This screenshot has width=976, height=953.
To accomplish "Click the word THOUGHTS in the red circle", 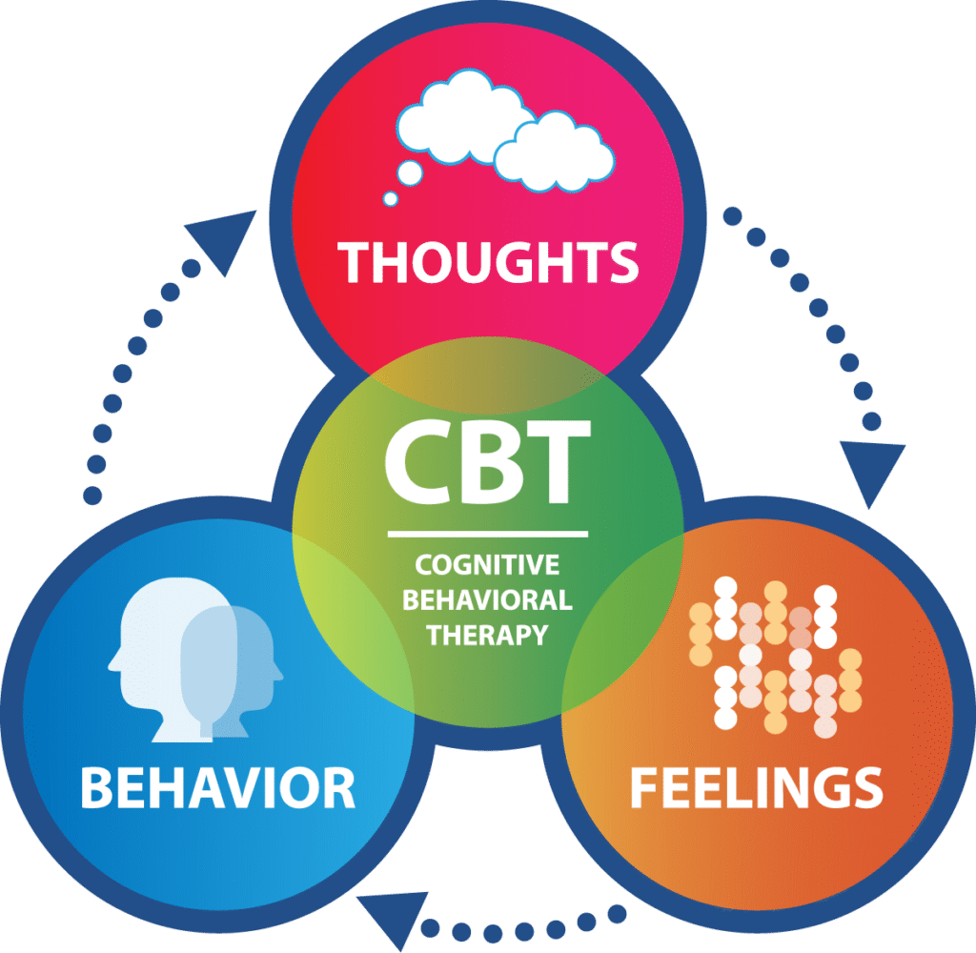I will (489, 261).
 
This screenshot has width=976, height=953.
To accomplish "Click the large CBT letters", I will (487, 467).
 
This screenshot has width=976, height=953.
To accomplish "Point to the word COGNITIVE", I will (487, 566).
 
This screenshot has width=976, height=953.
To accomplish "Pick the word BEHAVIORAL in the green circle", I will (487, 600).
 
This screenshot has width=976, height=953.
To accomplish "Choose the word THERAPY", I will (487, 634).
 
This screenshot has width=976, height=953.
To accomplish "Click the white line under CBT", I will (487, 532).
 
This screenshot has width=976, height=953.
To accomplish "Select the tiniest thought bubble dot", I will (390, 198).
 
